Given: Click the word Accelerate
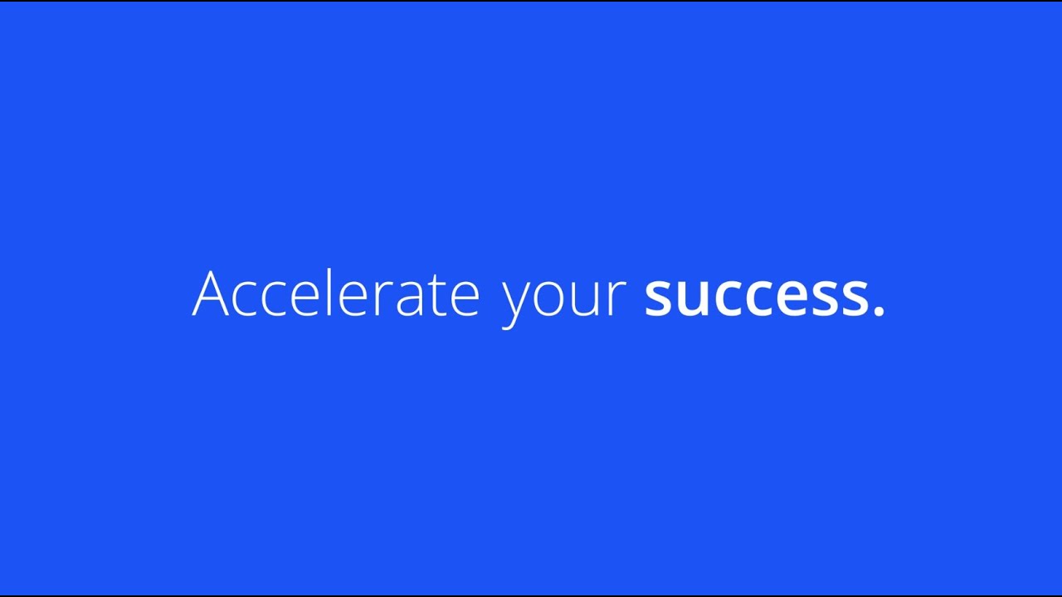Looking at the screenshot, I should (336, 294).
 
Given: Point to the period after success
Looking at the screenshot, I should (879, 312).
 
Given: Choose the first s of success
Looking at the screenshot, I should (660, 298).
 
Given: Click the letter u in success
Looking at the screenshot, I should (695, 298).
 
